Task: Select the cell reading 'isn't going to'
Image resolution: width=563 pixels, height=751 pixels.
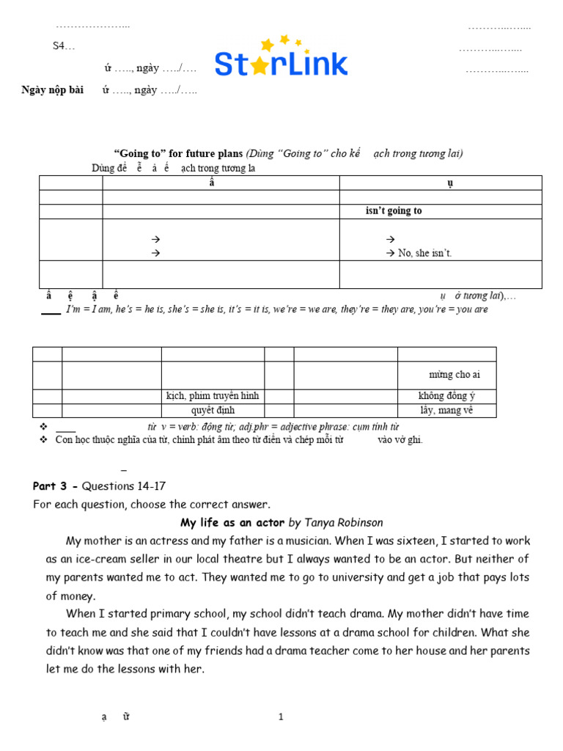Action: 394,211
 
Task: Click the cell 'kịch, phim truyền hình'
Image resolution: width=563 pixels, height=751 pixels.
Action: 213,396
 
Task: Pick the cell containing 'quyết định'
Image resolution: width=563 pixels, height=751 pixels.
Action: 213,411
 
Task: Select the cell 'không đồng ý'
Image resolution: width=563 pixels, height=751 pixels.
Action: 446,396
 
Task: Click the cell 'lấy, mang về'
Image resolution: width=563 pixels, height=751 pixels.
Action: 446,411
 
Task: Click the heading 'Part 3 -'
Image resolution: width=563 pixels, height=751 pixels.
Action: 56,486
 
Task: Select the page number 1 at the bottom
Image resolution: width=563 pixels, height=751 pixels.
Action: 281,717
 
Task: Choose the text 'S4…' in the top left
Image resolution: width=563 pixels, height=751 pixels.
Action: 63,45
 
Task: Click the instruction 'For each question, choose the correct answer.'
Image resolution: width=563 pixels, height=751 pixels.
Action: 152,505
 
